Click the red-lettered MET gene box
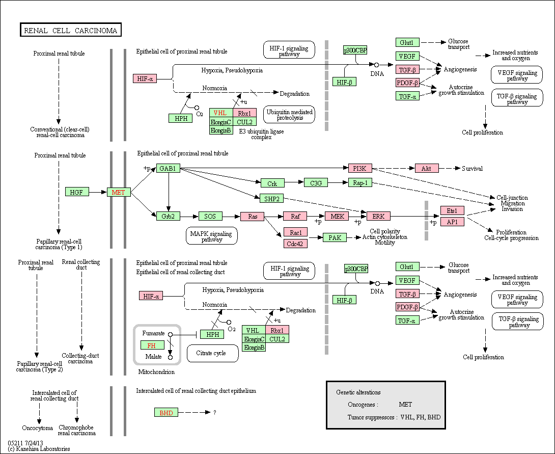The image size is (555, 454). (119, 192)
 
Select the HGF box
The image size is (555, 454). (77, 192)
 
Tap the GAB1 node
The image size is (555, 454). (168, 168)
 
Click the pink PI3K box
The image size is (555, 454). (360, 168)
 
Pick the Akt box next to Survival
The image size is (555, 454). (427, 168)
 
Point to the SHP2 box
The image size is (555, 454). (271, 199)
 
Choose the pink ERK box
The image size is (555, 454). (378, 216)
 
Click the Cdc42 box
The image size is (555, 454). (295, 244)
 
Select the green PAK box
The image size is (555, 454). (335, 237)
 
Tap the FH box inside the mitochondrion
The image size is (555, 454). (152, 345)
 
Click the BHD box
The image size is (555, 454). (166, 413)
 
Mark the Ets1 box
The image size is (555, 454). (452, 211)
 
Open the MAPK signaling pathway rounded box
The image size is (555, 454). (212, 236)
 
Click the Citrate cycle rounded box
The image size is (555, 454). (212, 354)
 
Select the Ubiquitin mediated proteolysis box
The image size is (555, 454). (289, 114)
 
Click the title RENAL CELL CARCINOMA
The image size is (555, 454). (70, 31)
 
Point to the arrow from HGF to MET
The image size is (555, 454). (98, 192)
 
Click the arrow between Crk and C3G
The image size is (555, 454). (294, 182)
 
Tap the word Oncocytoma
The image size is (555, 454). (38, 428)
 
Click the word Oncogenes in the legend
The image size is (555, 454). (363, 405)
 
